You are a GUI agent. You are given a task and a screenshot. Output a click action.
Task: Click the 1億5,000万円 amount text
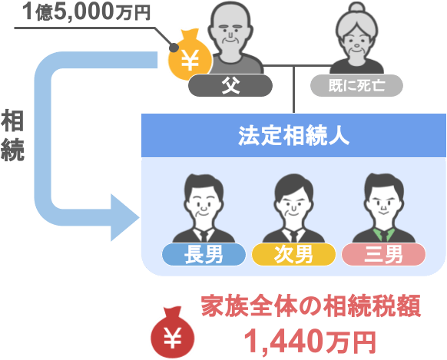(x=87, y=12)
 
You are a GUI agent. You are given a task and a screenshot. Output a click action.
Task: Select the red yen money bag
(x=173, y=332)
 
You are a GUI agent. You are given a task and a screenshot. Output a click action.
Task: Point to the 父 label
(x=230, y=85)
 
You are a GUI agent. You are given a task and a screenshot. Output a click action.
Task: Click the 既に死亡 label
(x=356, y=85)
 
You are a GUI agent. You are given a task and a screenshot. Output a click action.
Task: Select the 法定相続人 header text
(x=293, y=136)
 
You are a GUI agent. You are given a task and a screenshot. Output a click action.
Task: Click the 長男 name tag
(x=204, y=254)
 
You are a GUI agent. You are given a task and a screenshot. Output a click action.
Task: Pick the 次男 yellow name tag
(x=293, y=254)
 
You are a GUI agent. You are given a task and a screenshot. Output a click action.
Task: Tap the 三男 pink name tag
(x=383, y=254)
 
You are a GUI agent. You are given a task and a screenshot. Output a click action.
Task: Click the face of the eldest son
(x=204, y=204)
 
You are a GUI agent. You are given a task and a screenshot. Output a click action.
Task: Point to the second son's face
(x=293, y=206)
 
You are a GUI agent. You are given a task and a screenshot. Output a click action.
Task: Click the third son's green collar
(x=384, y=234)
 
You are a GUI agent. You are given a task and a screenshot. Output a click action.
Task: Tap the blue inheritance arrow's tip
(x=139, y=217)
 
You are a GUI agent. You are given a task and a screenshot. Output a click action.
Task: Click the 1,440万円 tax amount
(x=310, y=342)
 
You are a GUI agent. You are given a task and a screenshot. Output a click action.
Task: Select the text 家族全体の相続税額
(x=311, y=306)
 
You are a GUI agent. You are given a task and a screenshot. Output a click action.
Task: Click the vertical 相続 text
(x=12, y=136)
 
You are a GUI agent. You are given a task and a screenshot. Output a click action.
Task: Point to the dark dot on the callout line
(x=174, y=48)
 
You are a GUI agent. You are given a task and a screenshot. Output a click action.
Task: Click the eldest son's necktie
(x=204, y=236)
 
